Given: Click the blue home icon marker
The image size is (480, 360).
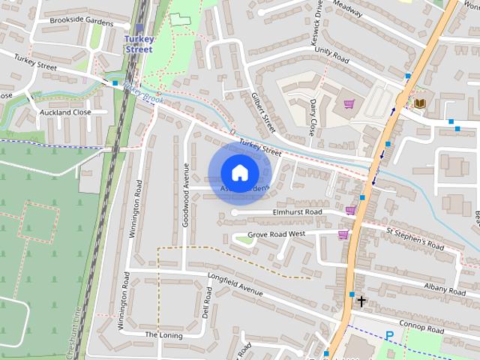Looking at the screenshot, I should coord(238,173).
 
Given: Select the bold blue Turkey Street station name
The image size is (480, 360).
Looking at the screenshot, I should coord(138,43).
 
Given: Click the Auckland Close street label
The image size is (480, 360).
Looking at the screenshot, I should coord(65,112).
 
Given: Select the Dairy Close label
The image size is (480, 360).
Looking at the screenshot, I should coord(313,118).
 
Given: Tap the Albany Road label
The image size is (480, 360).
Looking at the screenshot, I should coord(445,289).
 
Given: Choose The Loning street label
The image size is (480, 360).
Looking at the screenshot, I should coord(163,334).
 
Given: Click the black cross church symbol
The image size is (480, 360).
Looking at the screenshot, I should coord(361,301).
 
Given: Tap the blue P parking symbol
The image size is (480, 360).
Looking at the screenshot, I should coord(388,335).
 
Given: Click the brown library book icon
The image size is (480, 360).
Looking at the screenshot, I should coord(419,103).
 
